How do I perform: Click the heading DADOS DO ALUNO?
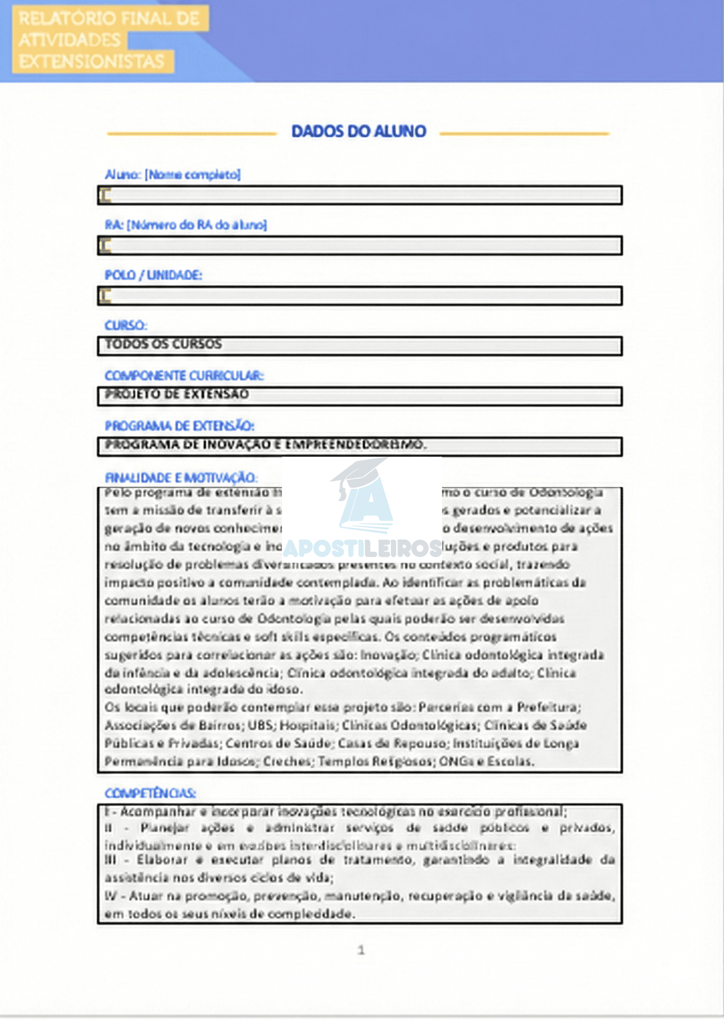(359, 132)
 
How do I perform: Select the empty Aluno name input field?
(359, 195)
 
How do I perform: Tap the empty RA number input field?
(359, 246)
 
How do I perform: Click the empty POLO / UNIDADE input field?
(359, 296)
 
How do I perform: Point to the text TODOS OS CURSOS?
(163, 344)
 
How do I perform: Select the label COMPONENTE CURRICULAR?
(184, 376)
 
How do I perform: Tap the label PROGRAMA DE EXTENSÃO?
(179, 426)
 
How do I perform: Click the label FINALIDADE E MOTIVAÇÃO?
(181, 478)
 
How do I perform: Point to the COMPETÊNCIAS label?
(150, 794)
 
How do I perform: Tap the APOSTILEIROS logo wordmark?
(362, 549)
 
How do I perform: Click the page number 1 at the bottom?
(361, 951)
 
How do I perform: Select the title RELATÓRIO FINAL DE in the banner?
(109, 19)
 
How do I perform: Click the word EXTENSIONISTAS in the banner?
(91, 62)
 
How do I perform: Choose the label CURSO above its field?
(126, 326)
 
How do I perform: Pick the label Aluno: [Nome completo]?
(173, 175)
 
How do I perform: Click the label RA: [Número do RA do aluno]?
(186, 225)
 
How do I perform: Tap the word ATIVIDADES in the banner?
(70, 40)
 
